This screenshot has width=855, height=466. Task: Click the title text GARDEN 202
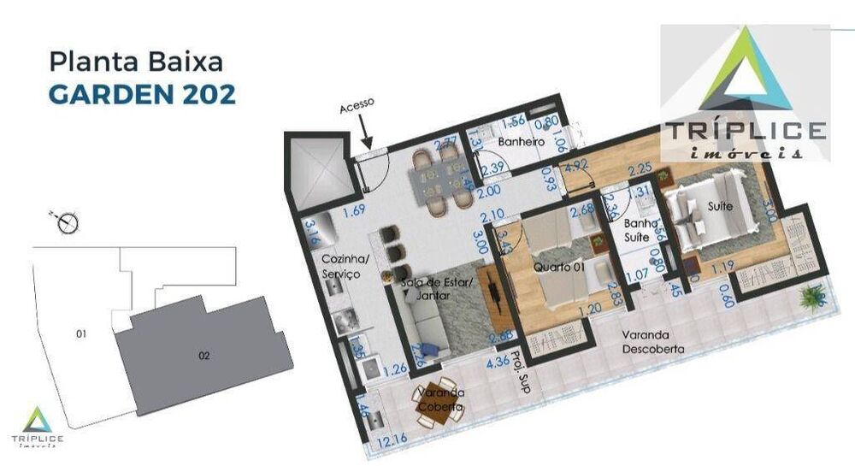pos(142,93)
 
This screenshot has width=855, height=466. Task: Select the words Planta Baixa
pos(137,62)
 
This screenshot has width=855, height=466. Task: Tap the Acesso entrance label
pos(357,106)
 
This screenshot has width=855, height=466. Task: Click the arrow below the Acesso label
pos(366,133)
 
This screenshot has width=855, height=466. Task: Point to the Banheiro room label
pos(522,141)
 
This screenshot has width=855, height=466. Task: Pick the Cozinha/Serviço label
pos(341,266)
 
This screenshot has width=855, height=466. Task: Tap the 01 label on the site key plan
pos(82,334)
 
